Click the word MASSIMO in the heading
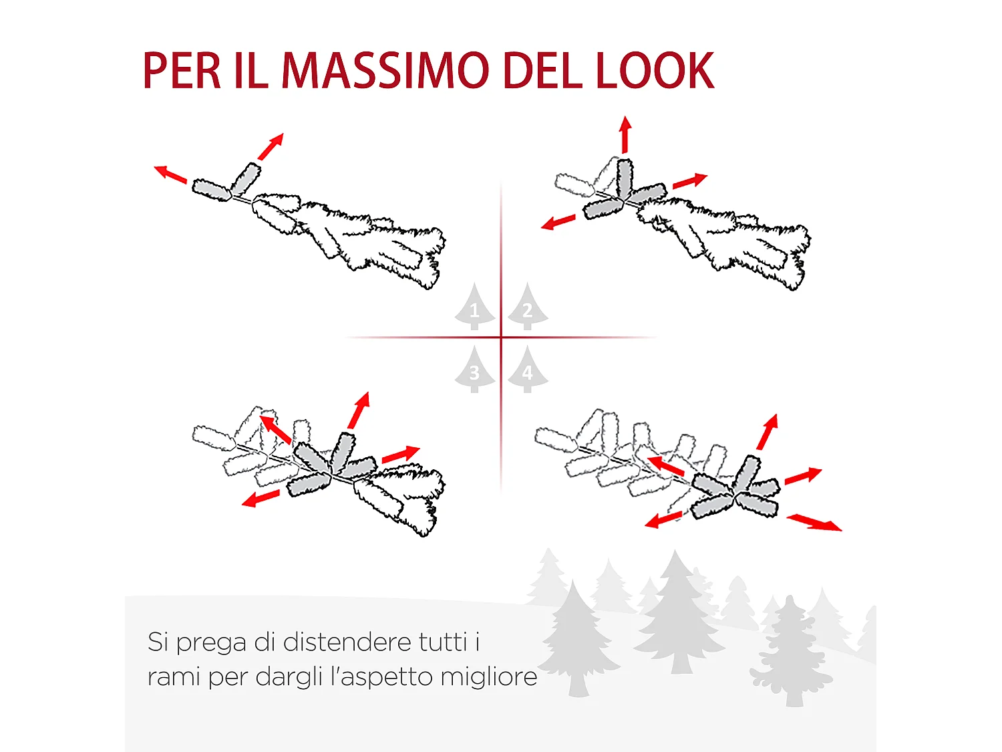(385, 71)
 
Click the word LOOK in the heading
(655, 71)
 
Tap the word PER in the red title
(181, 71)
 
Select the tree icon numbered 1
(475, 308)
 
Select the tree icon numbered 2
(528, 308)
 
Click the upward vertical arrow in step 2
(625, 134)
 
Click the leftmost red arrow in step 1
(170, 174)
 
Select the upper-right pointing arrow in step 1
(271, 146)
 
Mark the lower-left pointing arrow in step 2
(558, 223)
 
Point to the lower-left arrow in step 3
(261, 499)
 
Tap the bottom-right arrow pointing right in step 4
(814, 523)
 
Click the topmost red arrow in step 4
(768, 432)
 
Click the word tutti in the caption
(443, 642)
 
